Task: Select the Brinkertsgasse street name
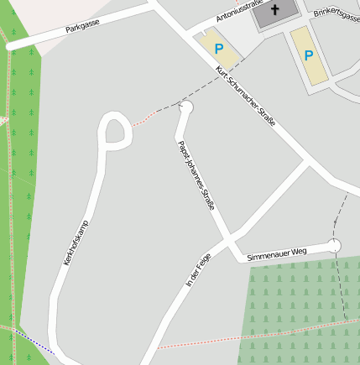coord(335,14)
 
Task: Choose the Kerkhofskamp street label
coord(76,242)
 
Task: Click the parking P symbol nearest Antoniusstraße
coord(219,50)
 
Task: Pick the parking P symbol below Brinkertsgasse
coord(308,55)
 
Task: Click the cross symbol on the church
coord(275,10)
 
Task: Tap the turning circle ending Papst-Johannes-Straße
coord(186,107)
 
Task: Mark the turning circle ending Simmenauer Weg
coord(335,245)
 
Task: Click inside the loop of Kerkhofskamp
coord(116,132)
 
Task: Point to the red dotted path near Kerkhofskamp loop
coord(144,117)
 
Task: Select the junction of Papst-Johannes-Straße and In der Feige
coord(228,244)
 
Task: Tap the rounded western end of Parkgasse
coord(11,47)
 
